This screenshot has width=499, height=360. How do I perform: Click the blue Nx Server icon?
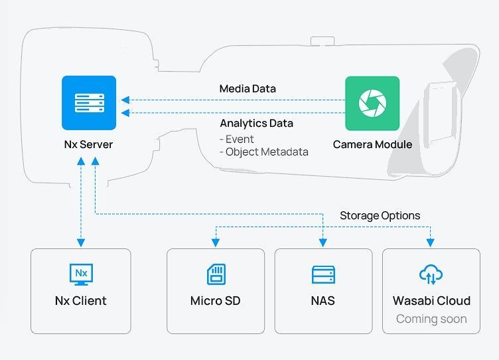coord(89,102)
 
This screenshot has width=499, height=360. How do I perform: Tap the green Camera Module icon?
coord(372,103)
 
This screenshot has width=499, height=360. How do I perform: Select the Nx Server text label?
coord(89,144)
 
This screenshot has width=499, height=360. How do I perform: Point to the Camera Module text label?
coord(372,144)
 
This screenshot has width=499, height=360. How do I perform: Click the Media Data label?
coord(248,88)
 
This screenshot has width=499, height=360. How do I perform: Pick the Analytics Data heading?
coord(256,123)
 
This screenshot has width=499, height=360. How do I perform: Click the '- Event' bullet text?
coord(237,139)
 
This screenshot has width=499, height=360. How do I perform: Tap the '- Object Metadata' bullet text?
coord(263,151)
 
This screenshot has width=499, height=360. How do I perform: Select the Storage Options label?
coord(380,215)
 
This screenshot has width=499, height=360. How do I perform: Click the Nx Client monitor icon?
coord(81,274)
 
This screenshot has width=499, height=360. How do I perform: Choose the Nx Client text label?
coord(81,300)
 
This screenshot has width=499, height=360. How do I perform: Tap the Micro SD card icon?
coord(216,274)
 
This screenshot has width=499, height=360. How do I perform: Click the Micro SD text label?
coord(216,300)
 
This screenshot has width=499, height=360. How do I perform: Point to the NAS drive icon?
coord(323,274)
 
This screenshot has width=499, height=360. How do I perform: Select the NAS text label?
coord(323,300)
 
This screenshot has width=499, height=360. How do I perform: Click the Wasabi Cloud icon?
coord(431,274)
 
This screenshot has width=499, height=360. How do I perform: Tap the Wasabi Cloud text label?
coord(431,300)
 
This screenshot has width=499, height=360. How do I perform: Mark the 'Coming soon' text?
coord(431,319)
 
